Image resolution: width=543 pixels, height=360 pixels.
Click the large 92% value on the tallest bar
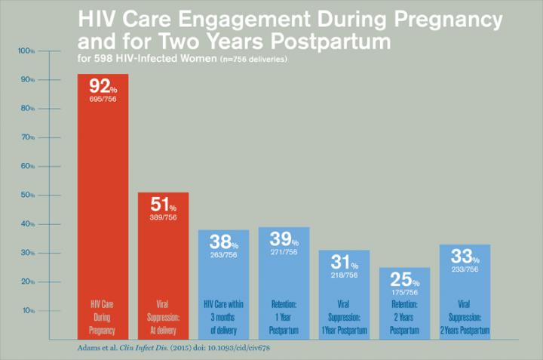[102, 85]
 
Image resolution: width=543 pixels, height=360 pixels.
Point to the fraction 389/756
[162, 217]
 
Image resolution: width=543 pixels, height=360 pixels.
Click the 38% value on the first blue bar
[222, 243]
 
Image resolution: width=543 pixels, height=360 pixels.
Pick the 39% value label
[283, 239]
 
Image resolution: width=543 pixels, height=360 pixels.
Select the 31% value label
[343, 263]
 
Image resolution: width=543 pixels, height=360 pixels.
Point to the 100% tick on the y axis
[26, 51]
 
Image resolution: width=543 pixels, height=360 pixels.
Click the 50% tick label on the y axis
[26, 195]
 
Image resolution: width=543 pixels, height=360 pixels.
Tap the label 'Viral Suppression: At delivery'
[162, 318]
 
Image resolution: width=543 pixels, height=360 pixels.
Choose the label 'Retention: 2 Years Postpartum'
[403, 318]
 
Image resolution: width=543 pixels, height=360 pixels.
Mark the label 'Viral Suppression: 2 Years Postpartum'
[464, 318]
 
